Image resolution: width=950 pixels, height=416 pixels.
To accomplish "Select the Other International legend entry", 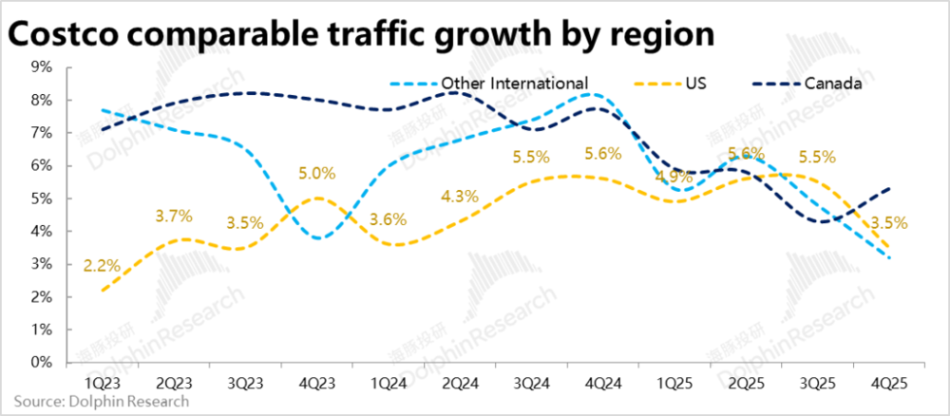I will tap(514, 83).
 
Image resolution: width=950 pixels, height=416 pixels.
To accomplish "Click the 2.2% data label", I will tap(102, 266).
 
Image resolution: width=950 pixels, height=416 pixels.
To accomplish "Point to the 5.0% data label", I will tap(316, 174).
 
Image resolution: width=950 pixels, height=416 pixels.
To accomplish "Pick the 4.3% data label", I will tap(460, 198).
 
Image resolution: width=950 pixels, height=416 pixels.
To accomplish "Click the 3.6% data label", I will tap(388, 219).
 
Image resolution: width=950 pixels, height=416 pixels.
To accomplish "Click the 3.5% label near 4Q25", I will tap(889, 224).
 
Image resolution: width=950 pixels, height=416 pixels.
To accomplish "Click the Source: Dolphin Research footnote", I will tap(101, 401).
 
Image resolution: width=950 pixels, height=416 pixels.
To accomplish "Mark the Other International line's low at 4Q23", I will tap(316, 237).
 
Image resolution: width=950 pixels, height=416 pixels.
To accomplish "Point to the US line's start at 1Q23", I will tap(100, 290).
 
